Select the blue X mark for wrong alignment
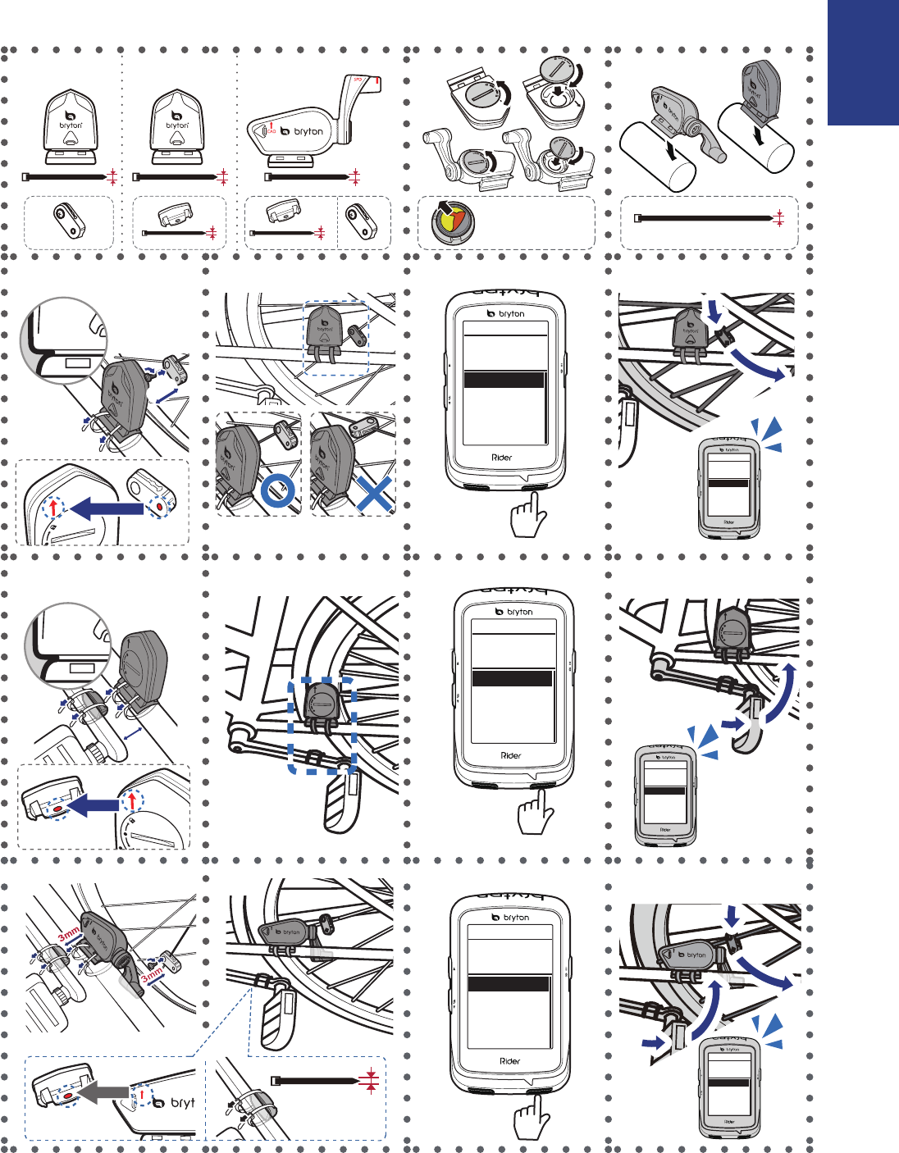point(372,494)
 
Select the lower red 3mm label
point(152,976)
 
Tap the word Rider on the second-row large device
point(502,458)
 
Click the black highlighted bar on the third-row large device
point(513,678)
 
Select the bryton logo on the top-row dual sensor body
point(302,131)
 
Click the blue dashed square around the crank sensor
point(322,725)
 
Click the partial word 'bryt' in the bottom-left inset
point(182,1103)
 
